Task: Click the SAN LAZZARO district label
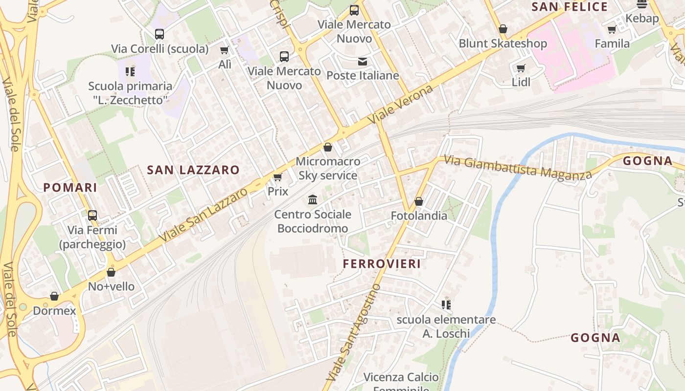tap(193, 170)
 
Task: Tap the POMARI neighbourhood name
tap(70, 188)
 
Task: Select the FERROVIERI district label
tap(382, 264)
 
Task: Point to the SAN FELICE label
tap(570, 7)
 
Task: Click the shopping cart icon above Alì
tap(225, 50)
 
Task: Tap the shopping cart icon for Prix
tap(277, 177)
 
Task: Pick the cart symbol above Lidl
tap(521, 68)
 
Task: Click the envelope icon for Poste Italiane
tap(363, 62)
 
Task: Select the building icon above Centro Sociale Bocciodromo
tap(313, 200)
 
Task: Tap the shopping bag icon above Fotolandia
tap(419, 201)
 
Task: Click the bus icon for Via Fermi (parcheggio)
tap(92, 216)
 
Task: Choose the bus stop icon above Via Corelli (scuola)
tap(160, 34)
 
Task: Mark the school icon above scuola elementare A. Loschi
tap(446, 305)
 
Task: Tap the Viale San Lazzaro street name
tap(204, 215)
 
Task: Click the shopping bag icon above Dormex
tap(54, 297)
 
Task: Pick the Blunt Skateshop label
tap(502, 43)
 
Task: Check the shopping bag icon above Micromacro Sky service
tap(328, 147)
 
